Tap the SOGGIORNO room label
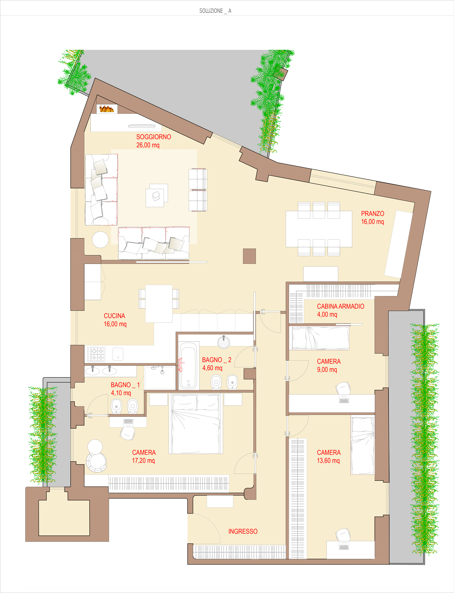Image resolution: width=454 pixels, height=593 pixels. click(153, 137)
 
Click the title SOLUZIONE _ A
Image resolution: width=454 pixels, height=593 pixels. click(215, 11)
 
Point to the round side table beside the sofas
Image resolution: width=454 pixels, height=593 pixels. click(100, 239)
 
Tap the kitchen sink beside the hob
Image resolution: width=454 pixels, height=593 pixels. click(118, 354)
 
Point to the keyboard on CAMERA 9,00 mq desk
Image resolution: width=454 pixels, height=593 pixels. click(344, 399)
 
